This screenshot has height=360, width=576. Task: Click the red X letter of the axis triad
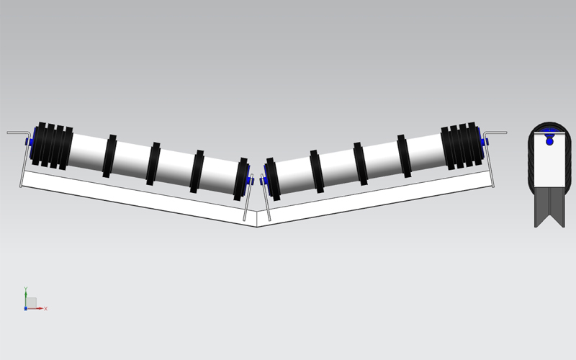45,308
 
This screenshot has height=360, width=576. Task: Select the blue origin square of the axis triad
25,308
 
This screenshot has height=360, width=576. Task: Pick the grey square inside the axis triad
32,302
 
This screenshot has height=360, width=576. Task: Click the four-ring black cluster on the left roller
52,145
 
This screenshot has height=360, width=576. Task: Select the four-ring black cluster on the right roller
459,145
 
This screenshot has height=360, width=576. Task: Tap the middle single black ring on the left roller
153,163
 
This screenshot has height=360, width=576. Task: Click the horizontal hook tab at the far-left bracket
17,133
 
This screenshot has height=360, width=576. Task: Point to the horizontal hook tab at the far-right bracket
496,132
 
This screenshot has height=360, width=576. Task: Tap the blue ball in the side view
550,141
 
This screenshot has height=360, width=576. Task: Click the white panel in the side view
549,166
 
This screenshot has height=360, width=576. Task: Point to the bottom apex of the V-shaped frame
257,225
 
